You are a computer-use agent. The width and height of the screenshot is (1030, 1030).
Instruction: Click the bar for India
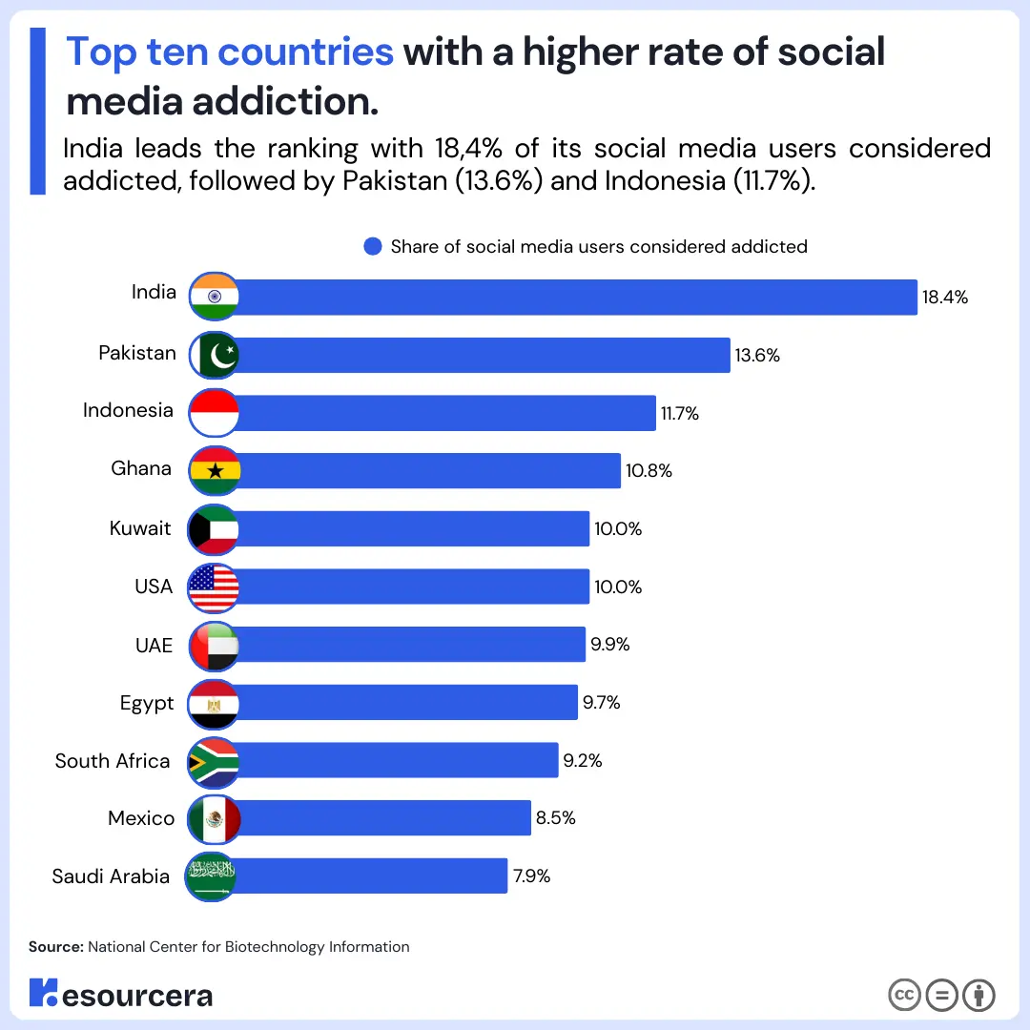click(x=572, y=297)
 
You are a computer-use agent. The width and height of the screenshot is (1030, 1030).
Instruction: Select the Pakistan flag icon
click(x=214, y=355)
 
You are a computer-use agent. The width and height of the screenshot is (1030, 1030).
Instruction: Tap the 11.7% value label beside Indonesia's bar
click(x=680, y=414)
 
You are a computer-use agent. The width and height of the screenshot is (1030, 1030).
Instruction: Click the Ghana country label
click(x=141, y=468)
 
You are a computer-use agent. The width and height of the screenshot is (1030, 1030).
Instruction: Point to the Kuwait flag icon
click(x=214, y=529)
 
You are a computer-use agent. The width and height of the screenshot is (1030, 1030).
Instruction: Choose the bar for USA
click(x=410, y=587)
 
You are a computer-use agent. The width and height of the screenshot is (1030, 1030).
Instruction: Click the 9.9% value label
click(x=609, y=645)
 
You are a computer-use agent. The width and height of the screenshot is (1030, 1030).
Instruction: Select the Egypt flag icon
click(x=214, y=704)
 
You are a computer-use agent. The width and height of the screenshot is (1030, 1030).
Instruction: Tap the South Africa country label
click(x=113, y=761)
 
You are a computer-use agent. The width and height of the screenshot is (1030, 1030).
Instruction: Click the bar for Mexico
click(x=381, y=818)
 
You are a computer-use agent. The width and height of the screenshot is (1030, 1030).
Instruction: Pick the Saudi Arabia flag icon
click(x=211, y=875)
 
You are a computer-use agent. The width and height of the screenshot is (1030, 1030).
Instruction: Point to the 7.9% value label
click(x=531, y=875)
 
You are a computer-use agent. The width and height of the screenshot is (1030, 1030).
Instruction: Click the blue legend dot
click(x=373, y=247)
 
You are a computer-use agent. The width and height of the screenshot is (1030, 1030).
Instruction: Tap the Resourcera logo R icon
click(x=43, y=992)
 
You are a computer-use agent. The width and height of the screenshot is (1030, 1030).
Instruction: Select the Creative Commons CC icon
click(x=904, y=995)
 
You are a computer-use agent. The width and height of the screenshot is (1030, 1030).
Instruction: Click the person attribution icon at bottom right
click(x=978, y=995)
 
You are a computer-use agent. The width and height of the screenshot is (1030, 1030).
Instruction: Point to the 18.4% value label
click(x=944, y=298)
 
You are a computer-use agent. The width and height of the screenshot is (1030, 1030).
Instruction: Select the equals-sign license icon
click(x=941, y=995)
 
